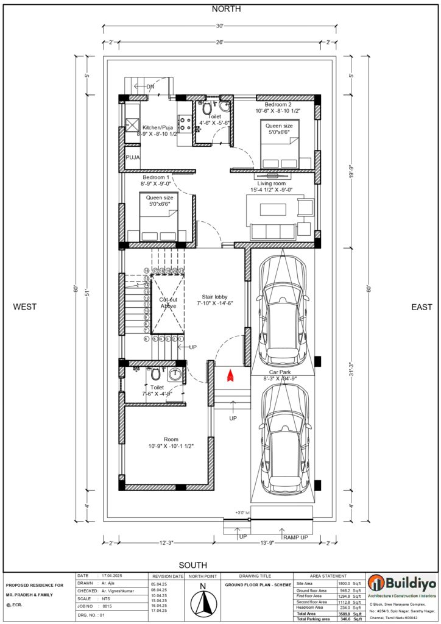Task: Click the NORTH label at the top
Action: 226,9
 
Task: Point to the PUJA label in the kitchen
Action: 133,157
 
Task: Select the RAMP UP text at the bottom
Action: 296,537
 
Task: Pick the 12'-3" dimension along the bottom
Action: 168,542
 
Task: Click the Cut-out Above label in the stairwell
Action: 168,303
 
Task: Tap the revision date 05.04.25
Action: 158,583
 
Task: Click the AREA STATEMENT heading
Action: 328,575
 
